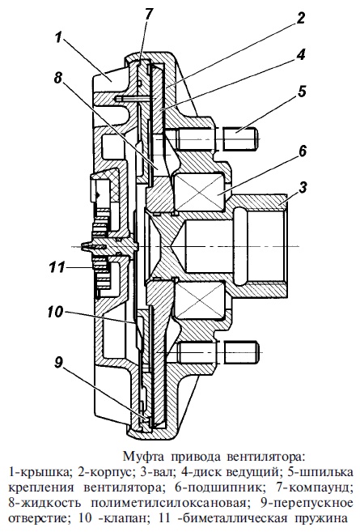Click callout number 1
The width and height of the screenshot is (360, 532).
[x=59, y=38]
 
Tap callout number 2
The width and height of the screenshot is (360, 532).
[x=300, y=18]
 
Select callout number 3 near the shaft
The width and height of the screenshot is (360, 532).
[x=303, y=187]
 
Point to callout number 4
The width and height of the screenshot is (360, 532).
[x=300, y=54]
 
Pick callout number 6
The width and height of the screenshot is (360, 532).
[x=302, y=151]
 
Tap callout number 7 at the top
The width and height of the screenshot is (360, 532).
[x=149, y=15]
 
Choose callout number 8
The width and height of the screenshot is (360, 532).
[x=58, y=79]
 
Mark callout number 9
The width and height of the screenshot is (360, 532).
[x=58, y=363]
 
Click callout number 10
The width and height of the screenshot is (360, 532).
[x=55, y=312]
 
